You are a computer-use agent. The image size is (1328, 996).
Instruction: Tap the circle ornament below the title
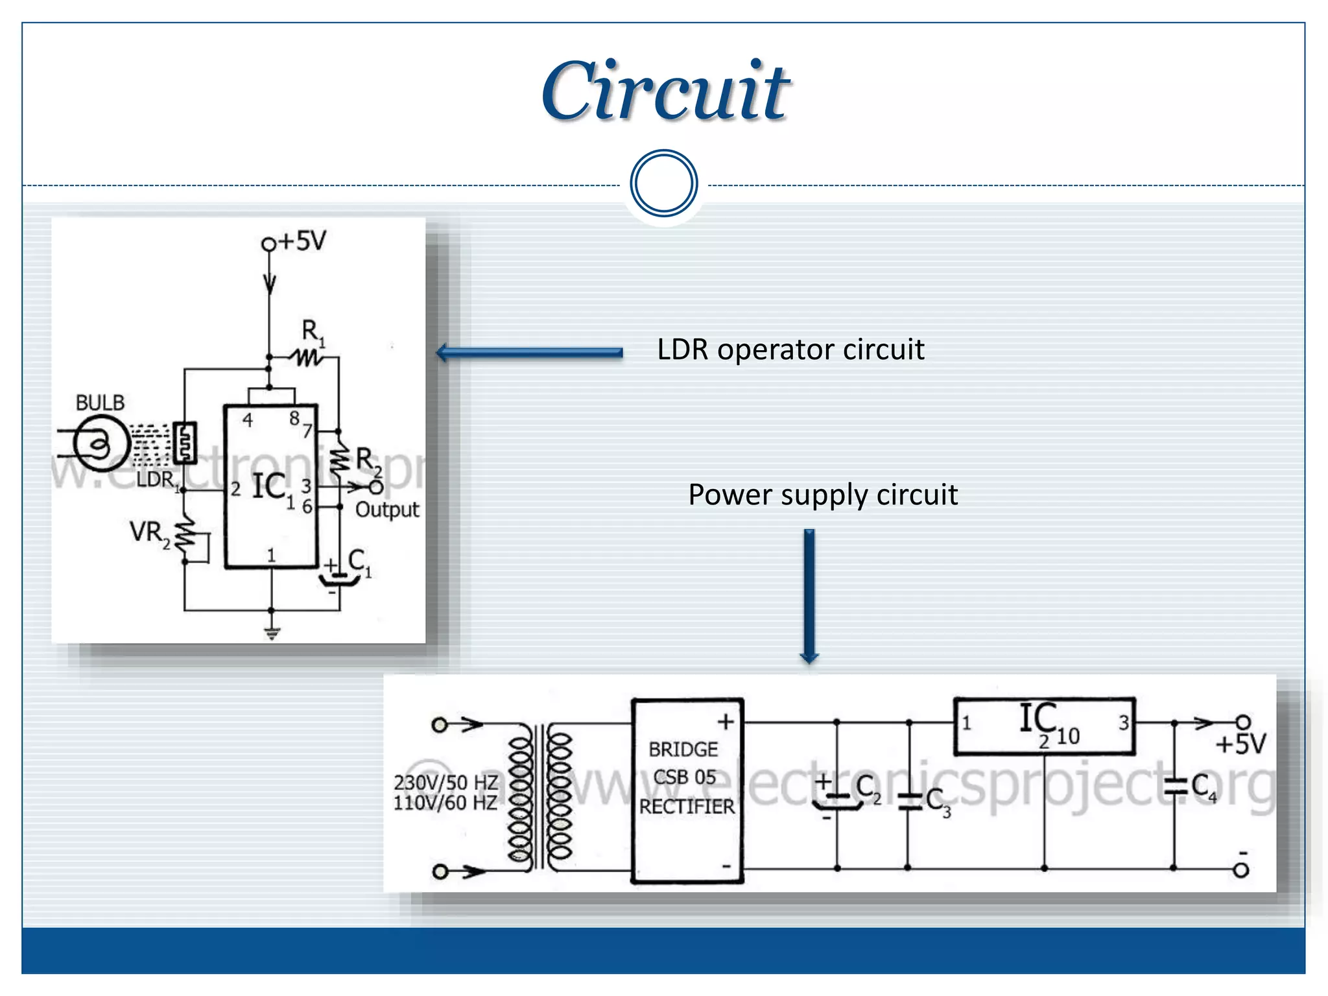tap(663, 184)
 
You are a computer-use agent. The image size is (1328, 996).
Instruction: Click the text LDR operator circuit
tap(790, 350)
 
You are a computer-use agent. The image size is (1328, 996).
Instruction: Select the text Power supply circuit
tap(822, 495)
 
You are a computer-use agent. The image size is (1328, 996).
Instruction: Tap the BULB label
tap(100, 403)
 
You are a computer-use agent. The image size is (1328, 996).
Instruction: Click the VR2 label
tap(148, 533)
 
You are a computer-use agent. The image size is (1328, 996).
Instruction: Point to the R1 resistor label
tap(313, 332)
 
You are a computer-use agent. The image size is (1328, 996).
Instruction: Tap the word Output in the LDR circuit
tap(387, 510)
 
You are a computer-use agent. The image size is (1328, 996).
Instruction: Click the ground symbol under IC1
tap(272, 632)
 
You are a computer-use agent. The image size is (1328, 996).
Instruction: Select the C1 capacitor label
tap(359, 561)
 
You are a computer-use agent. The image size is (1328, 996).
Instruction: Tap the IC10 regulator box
tap(1044, 726)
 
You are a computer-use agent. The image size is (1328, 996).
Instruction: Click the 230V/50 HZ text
tap(445, 783)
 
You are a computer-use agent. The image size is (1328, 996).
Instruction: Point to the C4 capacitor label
tap(1203, 787)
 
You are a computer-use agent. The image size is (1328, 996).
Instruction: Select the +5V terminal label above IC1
tap(302, 241)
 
